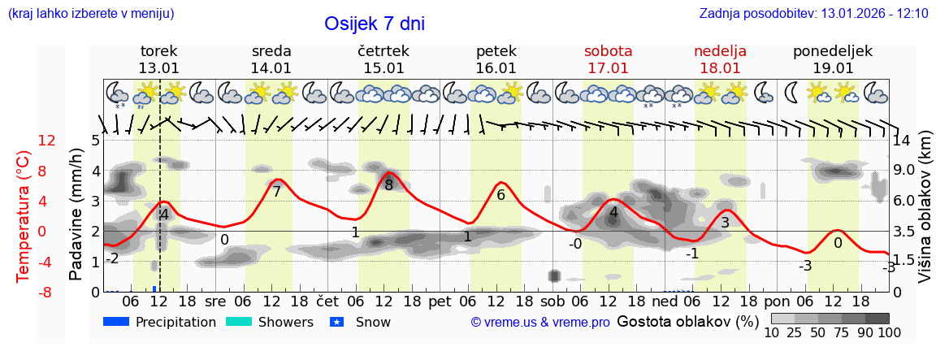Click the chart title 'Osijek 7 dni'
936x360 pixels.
pyautogui.click(x=374, y=24)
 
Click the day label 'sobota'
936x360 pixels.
pyautogui.click(x=608, y=50)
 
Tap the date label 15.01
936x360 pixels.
pyautogui.click(x=383, y=68)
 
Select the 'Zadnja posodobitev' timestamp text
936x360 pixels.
pyautogui.click(x=813, y=14)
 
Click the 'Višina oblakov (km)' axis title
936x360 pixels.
pyautogui.click(x=924, y=215)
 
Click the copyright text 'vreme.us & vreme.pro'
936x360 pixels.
pyautogui.click(x=539, y=323)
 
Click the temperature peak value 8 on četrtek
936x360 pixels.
pyautogui.click(x=388, y=184)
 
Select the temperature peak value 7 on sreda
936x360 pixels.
pyautogui.click(x=276, y=192)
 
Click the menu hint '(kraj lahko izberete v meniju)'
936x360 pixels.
pyautogui.click(x=90, y=14)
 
